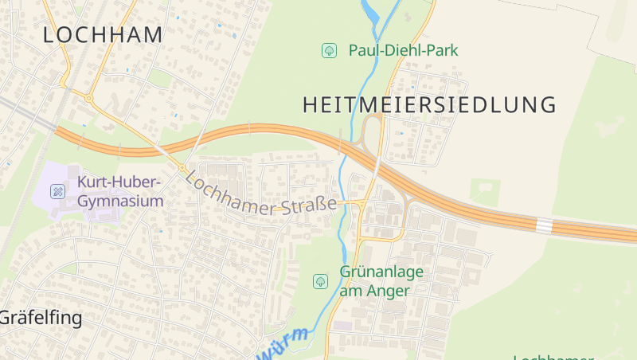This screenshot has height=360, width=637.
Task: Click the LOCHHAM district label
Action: tap(103, 35)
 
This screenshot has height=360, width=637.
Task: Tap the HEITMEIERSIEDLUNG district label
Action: tap(429, 104)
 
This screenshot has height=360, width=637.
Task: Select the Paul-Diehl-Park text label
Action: tap(403, 51)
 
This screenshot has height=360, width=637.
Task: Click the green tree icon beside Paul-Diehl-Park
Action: tap(328, 51)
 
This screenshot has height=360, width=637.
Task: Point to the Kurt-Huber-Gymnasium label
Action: tap(120, 192)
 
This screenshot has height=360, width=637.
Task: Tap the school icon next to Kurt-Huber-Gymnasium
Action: tap(57, 191)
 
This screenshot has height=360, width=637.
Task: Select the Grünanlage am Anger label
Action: tap(381, 281)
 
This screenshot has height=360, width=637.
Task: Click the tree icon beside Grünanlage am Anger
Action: tap(320, 281)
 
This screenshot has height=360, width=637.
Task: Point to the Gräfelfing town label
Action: tap(41, 319)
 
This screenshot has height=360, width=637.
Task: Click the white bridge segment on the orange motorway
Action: tap(544, 226)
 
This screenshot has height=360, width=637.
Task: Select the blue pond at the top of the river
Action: tap(370, 11)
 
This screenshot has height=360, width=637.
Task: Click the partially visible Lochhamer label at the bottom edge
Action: tap(553, 357)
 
